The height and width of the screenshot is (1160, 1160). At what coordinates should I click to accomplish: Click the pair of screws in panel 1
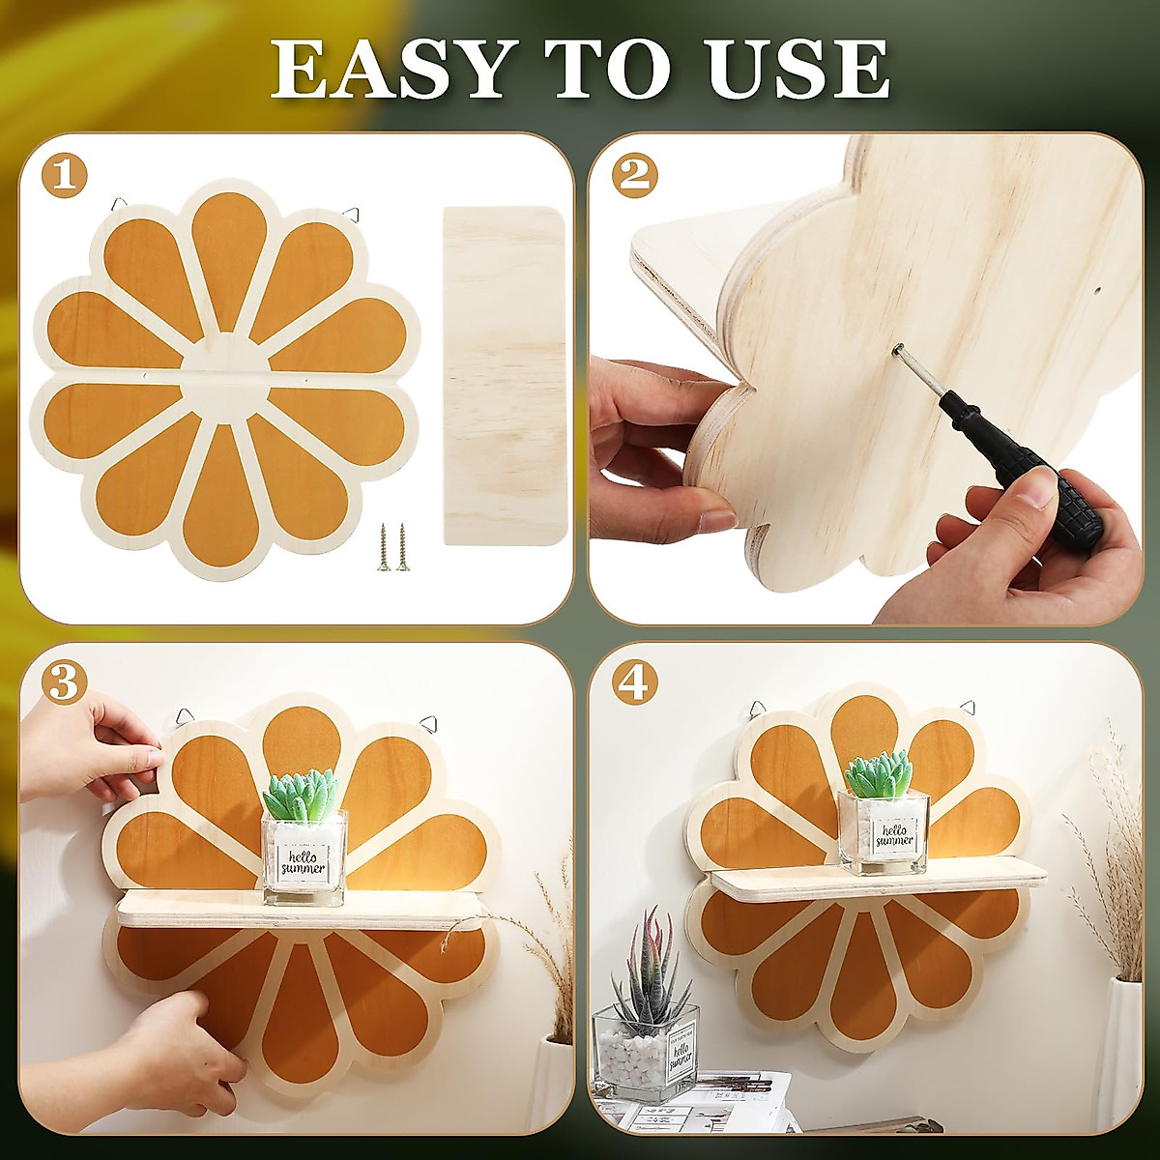(x=391, y=547)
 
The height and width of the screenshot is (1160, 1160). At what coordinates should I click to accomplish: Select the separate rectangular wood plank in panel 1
(x=504, y=375)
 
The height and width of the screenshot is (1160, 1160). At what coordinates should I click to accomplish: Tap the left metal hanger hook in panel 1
(x=118, y=205)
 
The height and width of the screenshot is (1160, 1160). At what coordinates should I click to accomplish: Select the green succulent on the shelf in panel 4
(x=879, y=773)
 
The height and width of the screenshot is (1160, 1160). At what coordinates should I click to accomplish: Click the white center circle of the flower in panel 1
(x=226, y=378)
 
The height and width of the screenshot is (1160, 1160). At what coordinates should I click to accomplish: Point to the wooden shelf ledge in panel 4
(x=878, y=882)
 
